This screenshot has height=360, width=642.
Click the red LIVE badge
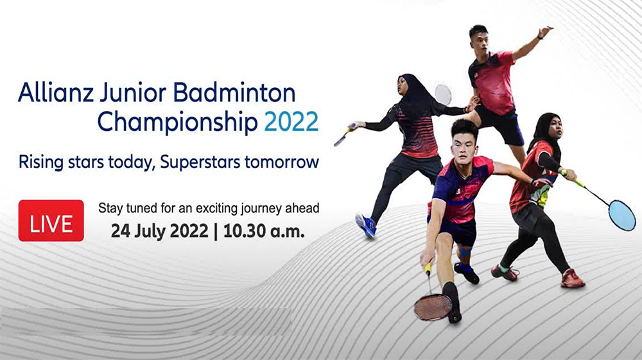[51, 221]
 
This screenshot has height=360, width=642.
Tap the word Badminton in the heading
[234, 92]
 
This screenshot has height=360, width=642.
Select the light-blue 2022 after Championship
[291, 121]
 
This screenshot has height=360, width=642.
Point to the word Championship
[177, 123]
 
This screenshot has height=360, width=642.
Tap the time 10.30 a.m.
[264, 232]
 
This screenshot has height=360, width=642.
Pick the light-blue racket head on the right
[622, 215]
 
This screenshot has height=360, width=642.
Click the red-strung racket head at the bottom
[433, 307]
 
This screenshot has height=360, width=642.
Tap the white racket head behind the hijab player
[443, 94]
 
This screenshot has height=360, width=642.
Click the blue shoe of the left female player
[366, 225]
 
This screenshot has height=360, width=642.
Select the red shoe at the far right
[573, 279]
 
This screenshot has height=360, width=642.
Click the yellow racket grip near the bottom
[428, 269]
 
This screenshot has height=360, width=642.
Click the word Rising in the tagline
[41, 162]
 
